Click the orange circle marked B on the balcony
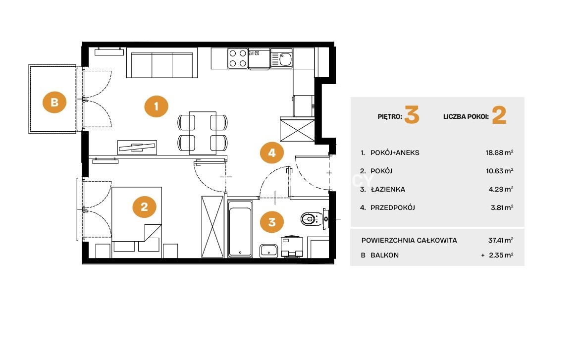(54, 102)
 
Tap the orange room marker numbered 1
(156, 106)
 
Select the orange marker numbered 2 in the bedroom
(144, 206)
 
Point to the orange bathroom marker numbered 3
(272, 222)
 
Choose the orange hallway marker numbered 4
(272, 153)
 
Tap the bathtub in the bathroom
(240, 229)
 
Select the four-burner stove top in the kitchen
(238, 58)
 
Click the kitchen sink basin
(285, 59)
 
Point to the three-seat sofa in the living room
(162, 62)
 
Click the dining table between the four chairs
(203, 133)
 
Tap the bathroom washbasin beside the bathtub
(269, 251)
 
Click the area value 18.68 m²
(499, 152)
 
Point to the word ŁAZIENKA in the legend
(388, 189)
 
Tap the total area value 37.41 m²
(501, 240)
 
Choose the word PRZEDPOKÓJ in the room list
(393, 207)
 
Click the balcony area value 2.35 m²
(501, 255)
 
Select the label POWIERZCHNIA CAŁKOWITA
(409, 240)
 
